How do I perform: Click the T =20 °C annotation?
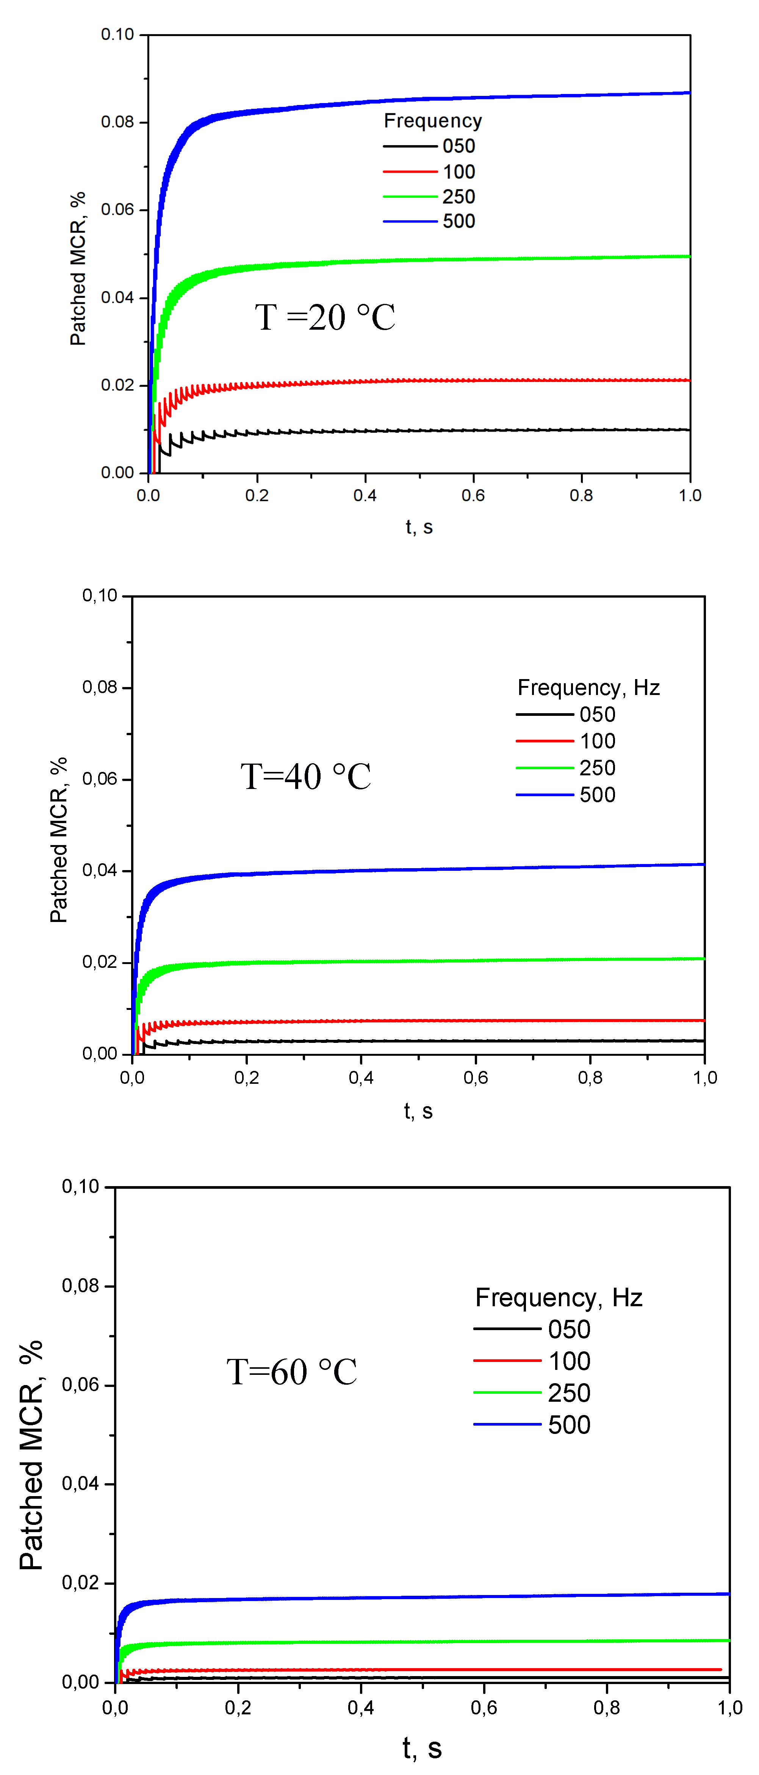(x=325, y=318)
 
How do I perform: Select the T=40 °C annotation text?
(x=306, y=776)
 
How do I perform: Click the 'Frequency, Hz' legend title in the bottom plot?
(x=559, y=1298)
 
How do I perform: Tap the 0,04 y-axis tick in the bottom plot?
(x=81, y=1484)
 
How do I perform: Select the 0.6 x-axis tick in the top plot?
(x=473, y=495)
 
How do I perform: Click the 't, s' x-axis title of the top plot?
(x=419, y=527)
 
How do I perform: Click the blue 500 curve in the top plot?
(x=413, y=99)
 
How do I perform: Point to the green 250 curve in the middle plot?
(x=413, y=961)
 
